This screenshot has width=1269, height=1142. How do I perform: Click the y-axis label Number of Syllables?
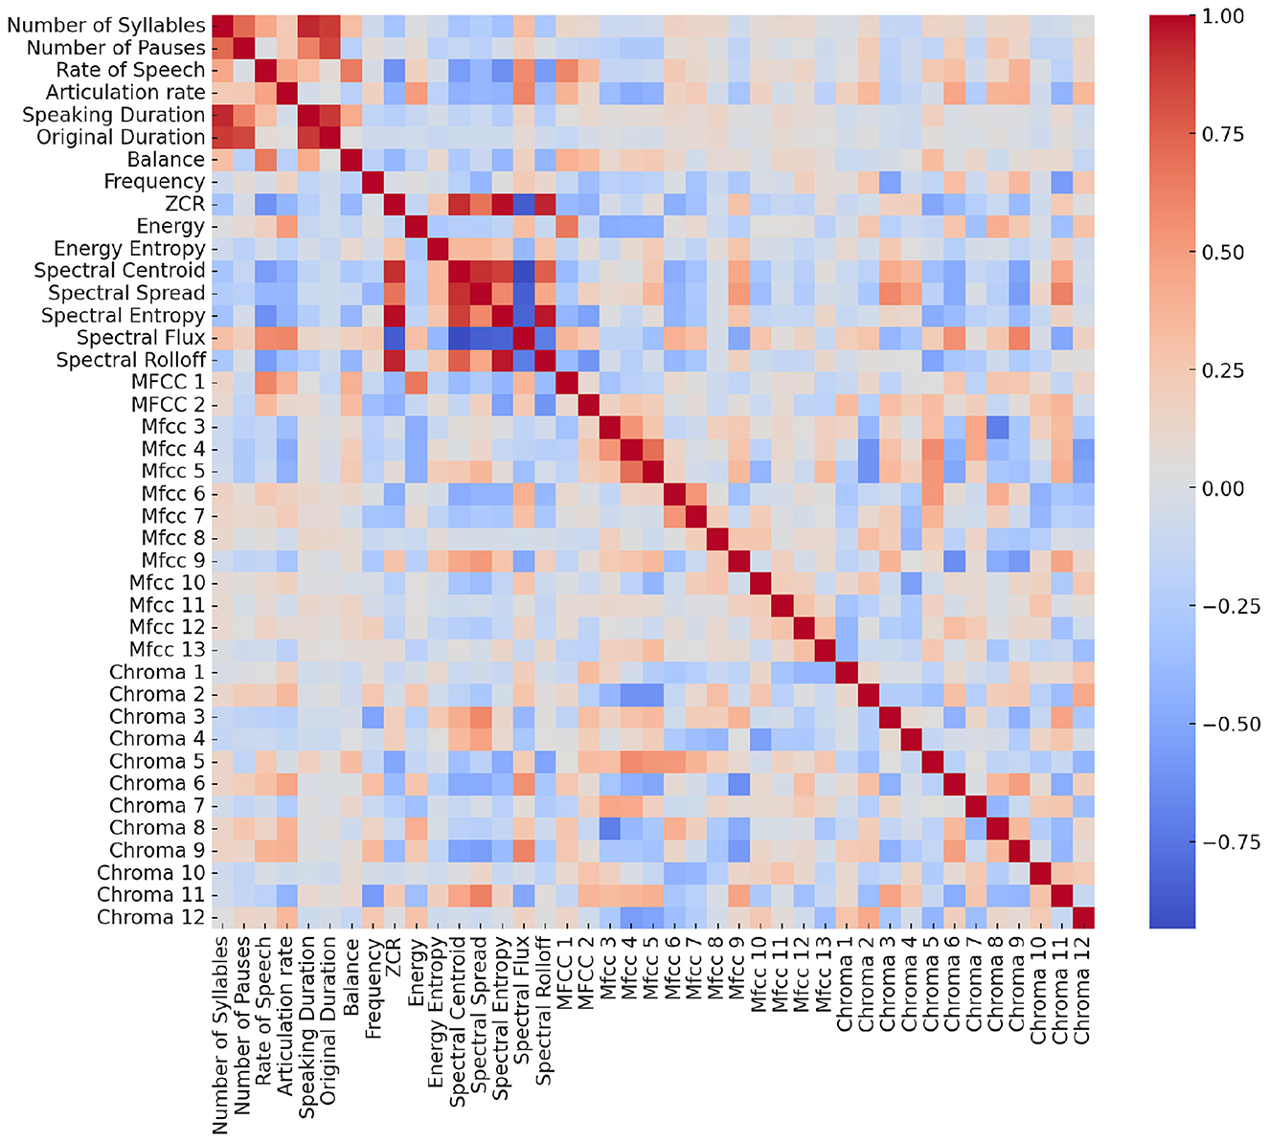(x=105, y=26)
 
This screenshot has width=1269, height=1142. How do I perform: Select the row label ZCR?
(x=185, y=204)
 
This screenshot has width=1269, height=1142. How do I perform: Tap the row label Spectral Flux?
(x=141, y=338)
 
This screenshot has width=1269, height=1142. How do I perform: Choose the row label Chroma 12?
(x=150, y=917)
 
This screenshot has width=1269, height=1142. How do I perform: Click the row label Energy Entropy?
(x=129, y=249)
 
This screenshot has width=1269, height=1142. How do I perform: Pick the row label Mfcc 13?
(x=168, y=650)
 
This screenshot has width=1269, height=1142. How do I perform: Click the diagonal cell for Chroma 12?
(x=1083, y=917)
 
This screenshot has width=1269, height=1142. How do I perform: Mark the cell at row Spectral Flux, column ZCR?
(x=395, y=338)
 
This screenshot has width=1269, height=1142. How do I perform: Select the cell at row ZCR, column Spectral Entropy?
(x=503, y=204)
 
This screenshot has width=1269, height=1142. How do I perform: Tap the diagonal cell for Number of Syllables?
(x=221, y=26)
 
